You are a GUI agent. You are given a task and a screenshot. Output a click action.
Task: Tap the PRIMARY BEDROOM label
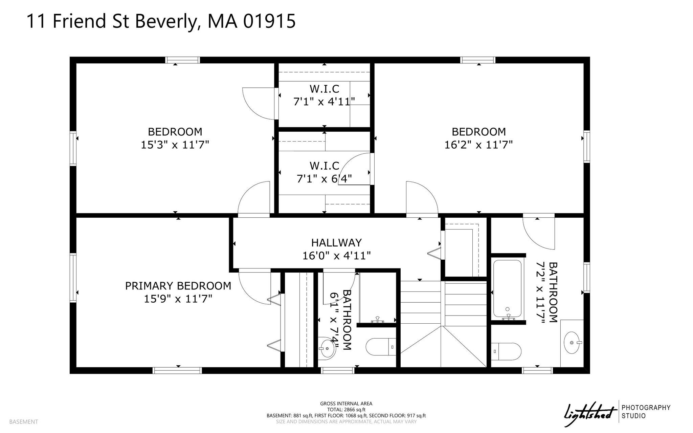[x=178, y=286]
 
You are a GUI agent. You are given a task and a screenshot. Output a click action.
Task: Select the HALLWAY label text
[x=336, y=242]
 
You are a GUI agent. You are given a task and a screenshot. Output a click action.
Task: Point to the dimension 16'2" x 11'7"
[x=478, y=145]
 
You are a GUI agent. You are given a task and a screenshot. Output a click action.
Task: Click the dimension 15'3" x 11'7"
[x=175, y=145]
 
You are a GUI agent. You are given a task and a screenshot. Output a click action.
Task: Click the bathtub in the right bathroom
[x=507, y=288]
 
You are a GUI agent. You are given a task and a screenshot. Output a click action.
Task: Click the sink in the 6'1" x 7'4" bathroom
[x=327, y=347]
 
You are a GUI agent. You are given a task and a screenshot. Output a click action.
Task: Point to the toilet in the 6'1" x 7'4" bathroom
[x=381, y=347]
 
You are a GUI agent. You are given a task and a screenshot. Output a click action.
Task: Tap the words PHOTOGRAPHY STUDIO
[x=646, y=412]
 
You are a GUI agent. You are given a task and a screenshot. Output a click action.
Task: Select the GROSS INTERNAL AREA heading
[x=346, y=404]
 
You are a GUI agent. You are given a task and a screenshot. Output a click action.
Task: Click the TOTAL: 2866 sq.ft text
[x=346, y=410]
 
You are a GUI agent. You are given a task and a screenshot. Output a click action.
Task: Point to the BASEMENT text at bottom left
[x=24, y=422]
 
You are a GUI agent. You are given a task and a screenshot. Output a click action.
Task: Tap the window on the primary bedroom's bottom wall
[x=178, y=370]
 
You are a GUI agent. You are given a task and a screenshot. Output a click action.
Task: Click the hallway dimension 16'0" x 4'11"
[x=336, y=256]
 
